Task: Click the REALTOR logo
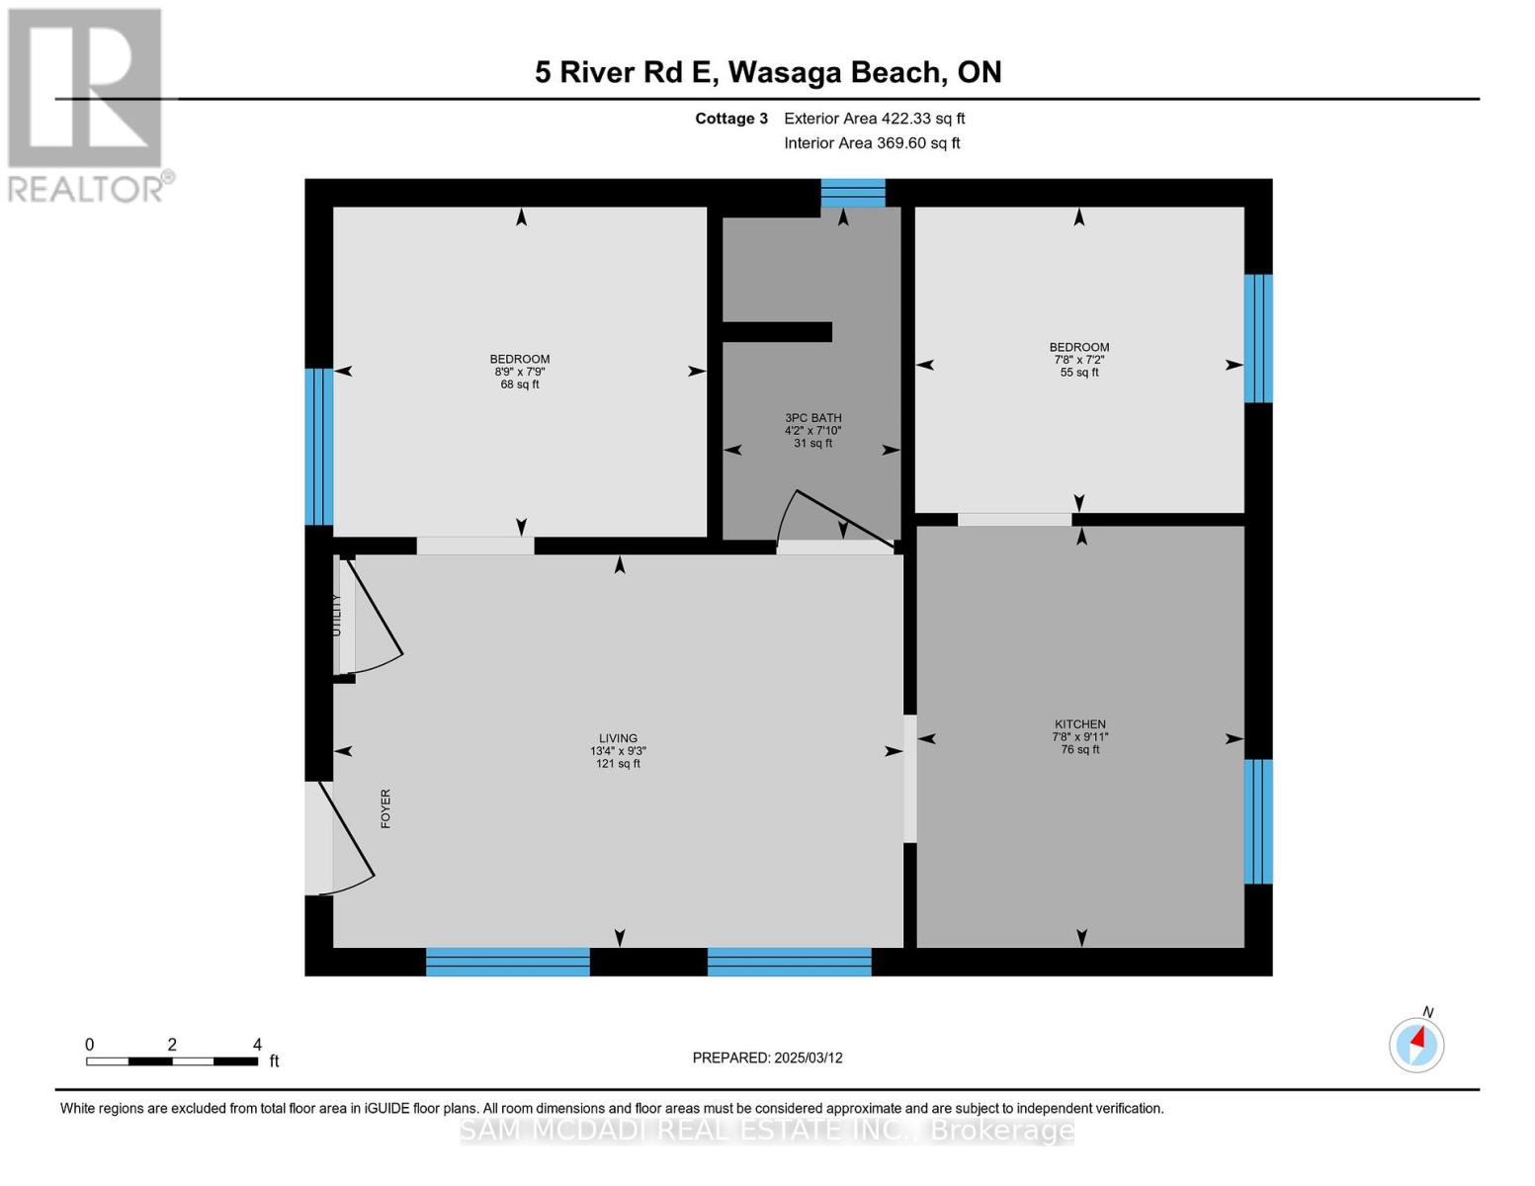[x=86, y=104]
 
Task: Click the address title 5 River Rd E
[x=767, y=72]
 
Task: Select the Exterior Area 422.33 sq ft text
[x=874, y=119]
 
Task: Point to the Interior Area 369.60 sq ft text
[x=872, y=143]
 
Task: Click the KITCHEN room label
[x=1078, y=736]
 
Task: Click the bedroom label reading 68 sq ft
[x=520, y=372]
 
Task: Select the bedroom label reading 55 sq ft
[x=1078, y=360]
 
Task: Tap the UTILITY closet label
[x=337, y=615]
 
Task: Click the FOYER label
[x=385, y=808]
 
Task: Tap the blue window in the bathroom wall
[x=853, y=193]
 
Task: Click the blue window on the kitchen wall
[x=1257, y=820]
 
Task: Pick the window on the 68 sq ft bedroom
[x=318, y=446]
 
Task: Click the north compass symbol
[x=1416, y=1044]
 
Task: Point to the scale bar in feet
[x=172, y=1060]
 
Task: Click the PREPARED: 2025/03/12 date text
[x=767, y=1058]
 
